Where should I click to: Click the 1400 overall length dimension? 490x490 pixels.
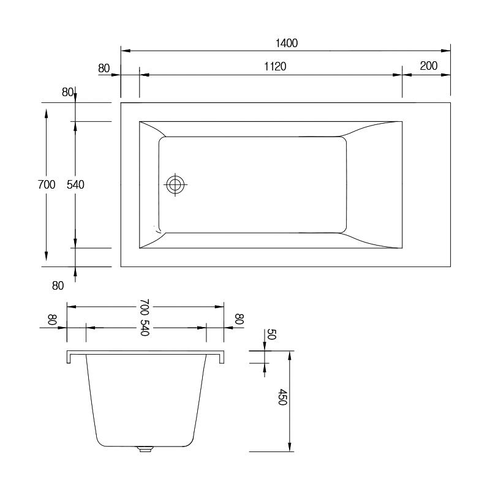tap(286, 43)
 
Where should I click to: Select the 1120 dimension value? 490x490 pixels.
tap(275, 67)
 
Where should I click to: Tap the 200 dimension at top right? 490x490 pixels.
tap(428, 66)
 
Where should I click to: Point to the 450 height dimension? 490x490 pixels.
tap(282, 397)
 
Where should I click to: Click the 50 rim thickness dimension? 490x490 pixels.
tap(271, 334)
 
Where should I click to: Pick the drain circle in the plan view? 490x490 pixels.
tap(175, 184)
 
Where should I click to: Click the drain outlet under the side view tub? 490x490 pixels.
tap(145, 449)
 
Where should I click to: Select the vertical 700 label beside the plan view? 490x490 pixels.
tap(47, 185)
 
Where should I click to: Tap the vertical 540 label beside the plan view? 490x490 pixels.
tap(75, 185)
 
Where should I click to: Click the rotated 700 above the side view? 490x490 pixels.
tap(145, 307)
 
